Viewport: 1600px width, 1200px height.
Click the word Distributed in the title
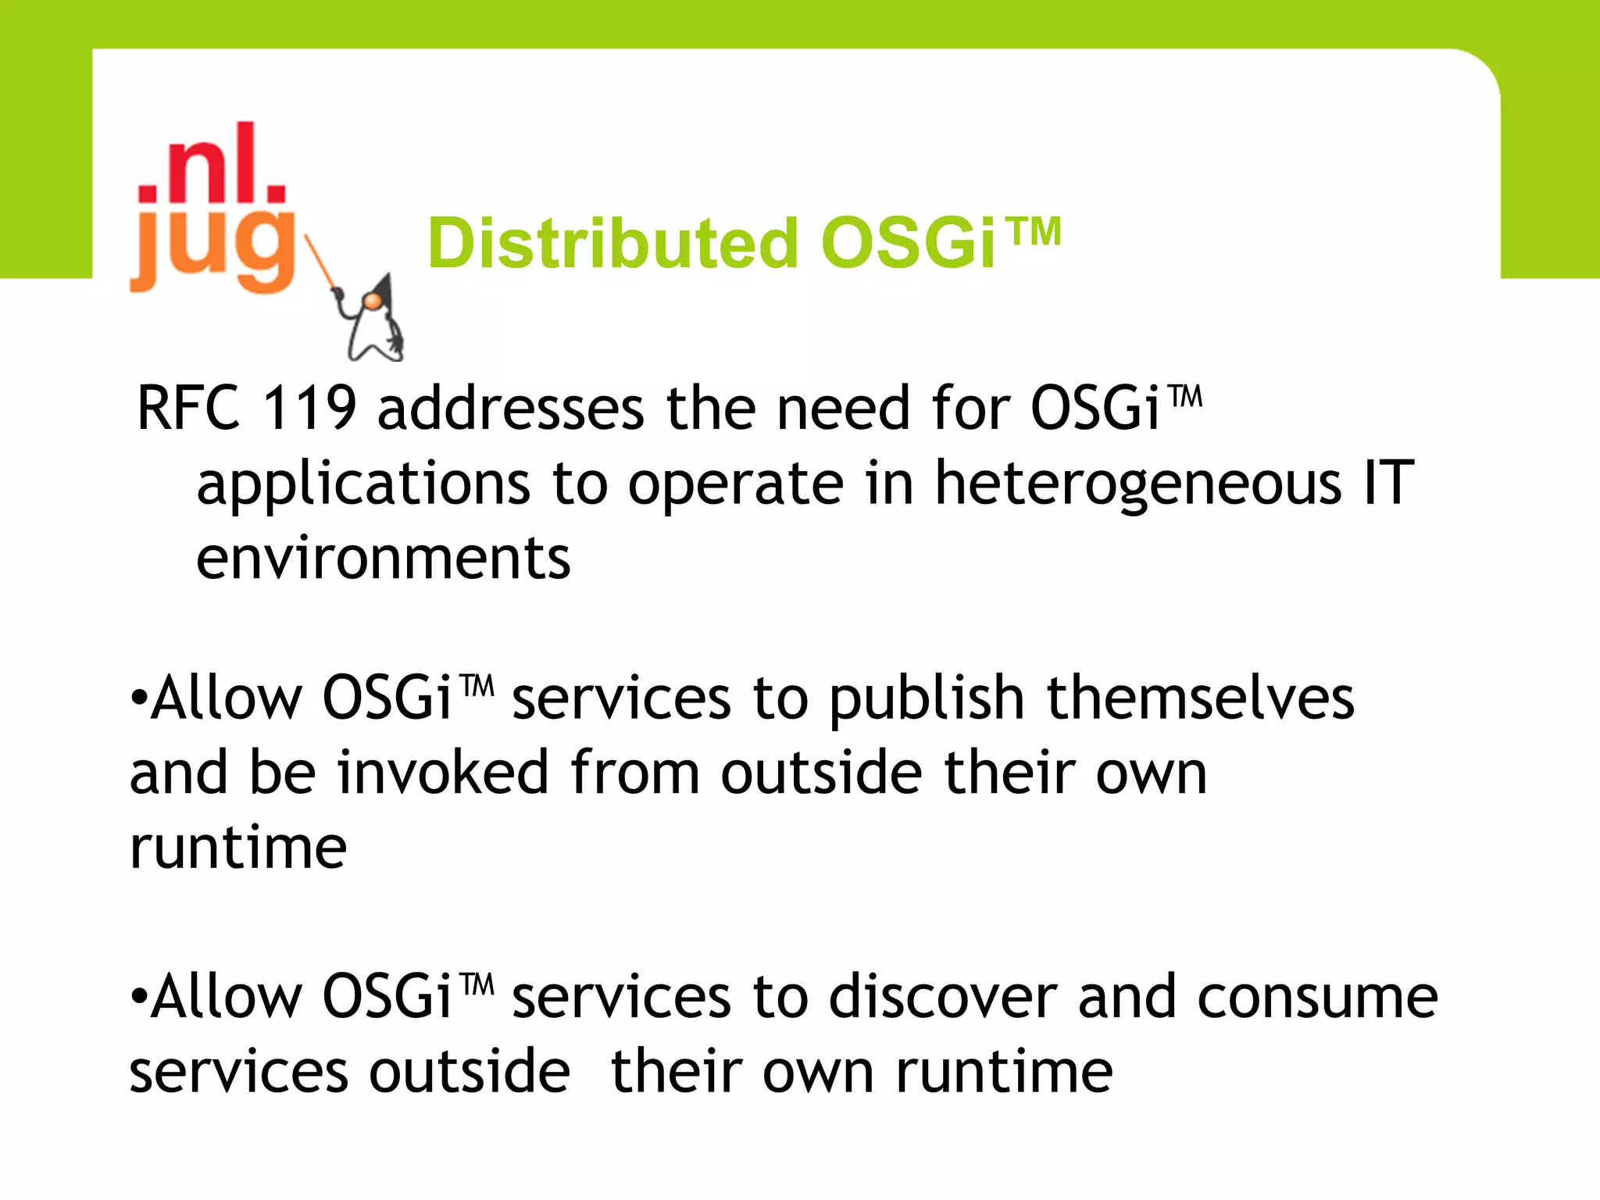pyautogui.click(x=612, y=244)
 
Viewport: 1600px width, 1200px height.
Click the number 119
pyautogui.click(x=309, y=408)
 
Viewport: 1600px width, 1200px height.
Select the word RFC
pyautogui.click(x=188, y=408)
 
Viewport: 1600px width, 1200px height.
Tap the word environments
pyautogui.click(x=383, y=558)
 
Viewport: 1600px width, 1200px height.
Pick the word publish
pyautogui.click(x=927, y=698)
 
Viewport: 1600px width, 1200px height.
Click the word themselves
pyautogui.click(x=1200, y=697)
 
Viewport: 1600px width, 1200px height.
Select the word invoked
pyautogui.click(x=443, y=772)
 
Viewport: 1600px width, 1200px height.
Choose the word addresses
pyautogui.click(x=511, y=408)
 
